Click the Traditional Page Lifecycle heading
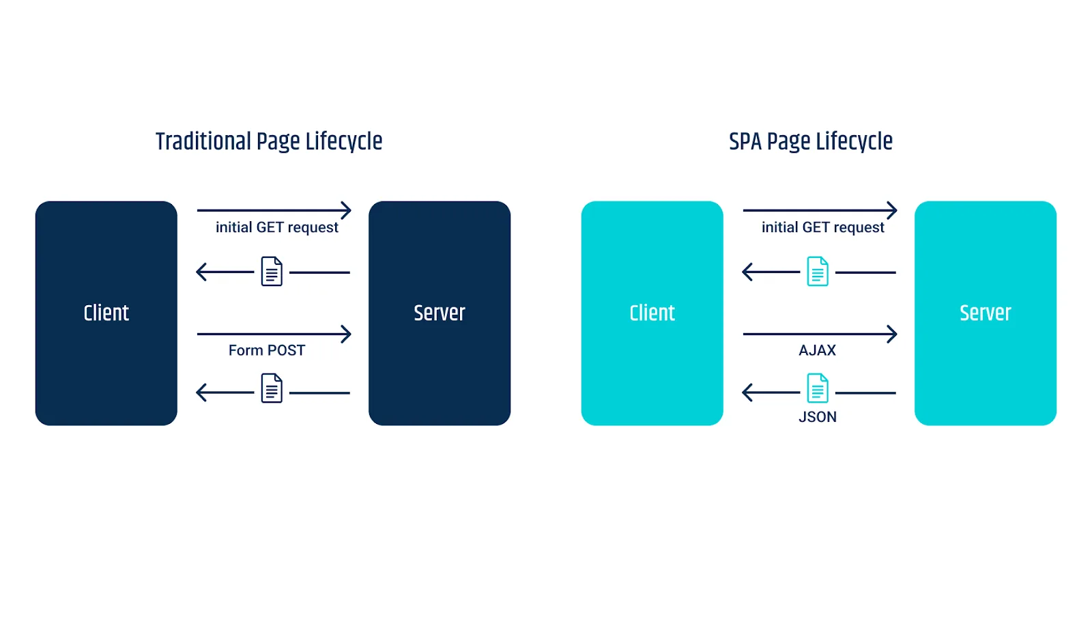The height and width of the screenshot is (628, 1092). point(269,142)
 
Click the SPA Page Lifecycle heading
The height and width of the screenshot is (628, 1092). point(811,142)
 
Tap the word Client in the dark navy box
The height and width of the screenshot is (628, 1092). point(106,313)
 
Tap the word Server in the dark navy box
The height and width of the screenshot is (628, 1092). point(440,313)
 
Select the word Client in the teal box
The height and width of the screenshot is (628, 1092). point(652,313)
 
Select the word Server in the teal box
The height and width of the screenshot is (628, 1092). point(986,313)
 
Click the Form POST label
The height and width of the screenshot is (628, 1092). point(267,350)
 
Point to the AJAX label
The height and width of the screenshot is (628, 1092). point(818,350)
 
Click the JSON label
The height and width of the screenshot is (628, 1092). point(818,417)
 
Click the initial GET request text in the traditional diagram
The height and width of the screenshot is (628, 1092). point(277,227)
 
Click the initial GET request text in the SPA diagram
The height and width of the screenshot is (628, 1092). point(823,227)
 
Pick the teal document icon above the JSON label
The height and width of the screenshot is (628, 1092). point(818,388)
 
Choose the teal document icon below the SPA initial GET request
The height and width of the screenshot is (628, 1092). point(818,271)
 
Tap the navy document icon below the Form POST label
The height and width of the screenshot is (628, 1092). point(272,388)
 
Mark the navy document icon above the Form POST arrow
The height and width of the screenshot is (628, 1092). point(272,271)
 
